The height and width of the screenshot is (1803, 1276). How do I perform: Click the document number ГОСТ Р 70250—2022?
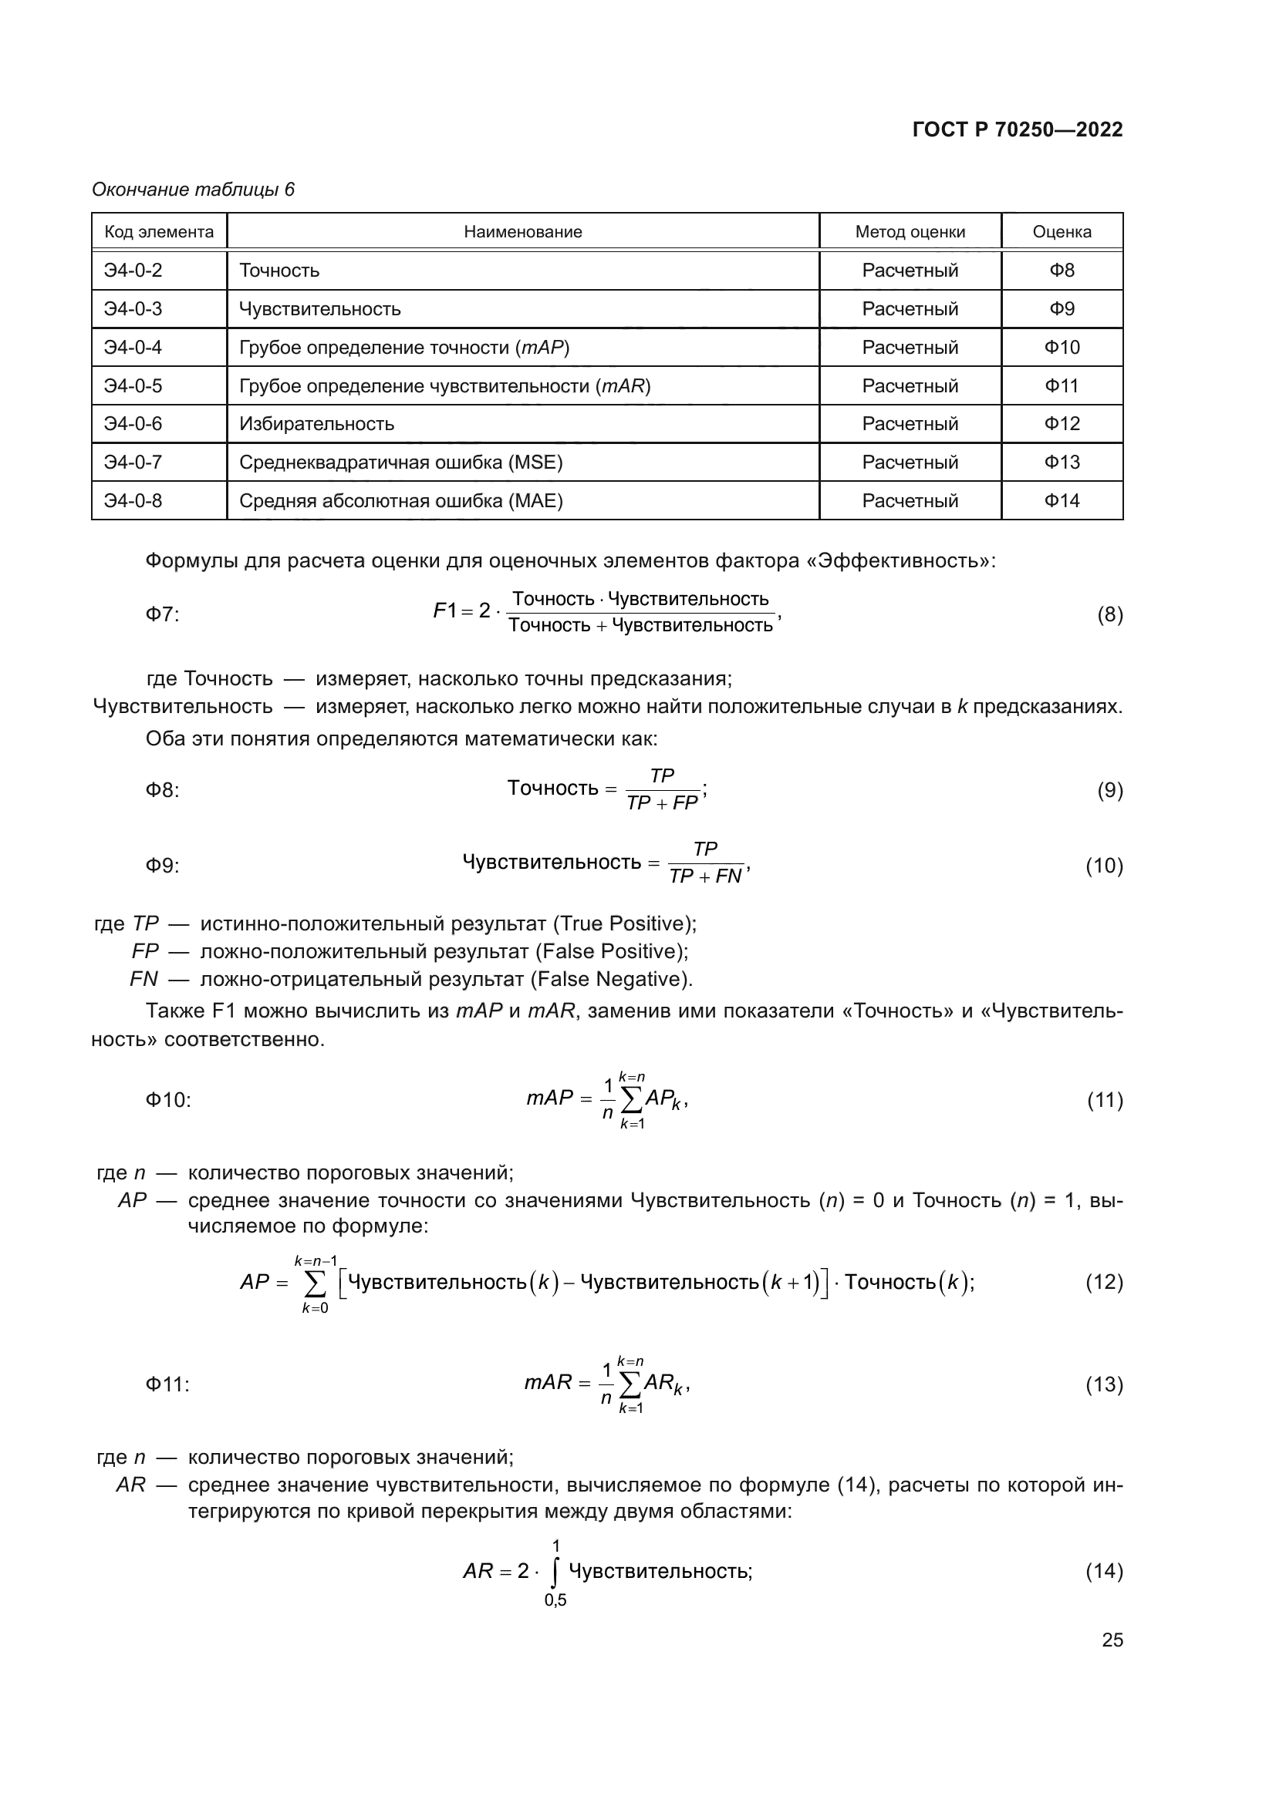pyautogui.click(x=1018, y=130)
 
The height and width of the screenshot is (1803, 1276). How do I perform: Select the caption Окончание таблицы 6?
pyautogui.click(x=194, y=190)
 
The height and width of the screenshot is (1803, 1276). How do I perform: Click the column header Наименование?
pyautogui.click(x=522, y=232)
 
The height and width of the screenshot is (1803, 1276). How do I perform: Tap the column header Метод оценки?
pyautogui.click(x=910, y=232)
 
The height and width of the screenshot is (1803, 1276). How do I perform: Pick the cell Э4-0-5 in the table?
pyautogui.click(x=133, y=385)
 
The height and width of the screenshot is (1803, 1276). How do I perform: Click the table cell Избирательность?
pyautogui.click(x=316, y=424)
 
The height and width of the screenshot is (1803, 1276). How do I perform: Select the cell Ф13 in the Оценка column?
pyautogui.click(x=1062, y=463)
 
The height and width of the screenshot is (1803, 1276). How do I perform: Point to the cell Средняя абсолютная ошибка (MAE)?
pyautogui.click(x=400, y=501)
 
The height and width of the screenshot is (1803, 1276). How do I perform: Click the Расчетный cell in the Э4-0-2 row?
pyautogui.click(x=910, y=270)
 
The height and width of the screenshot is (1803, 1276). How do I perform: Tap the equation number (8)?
pyautogui.click(x=1109, y=614)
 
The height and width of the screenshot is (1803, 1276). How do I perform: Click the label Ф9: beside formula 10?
pyautogui.click(x=163, y=866)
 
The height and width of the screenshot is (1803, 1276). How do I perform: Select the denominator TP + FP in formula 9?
pyautogui.click(x=663, y=803)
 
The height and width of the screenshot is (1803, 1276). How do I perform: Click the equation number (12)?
pyautogui.click(x=1104, y=1283)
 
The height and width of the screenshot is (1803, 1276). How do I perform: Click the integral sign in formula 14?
pyautogui.click(x=555, y=1572)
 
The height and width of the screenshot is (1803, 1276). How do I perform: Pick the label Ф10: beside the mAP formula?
pyautogui.click(x=168, y=1099)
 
